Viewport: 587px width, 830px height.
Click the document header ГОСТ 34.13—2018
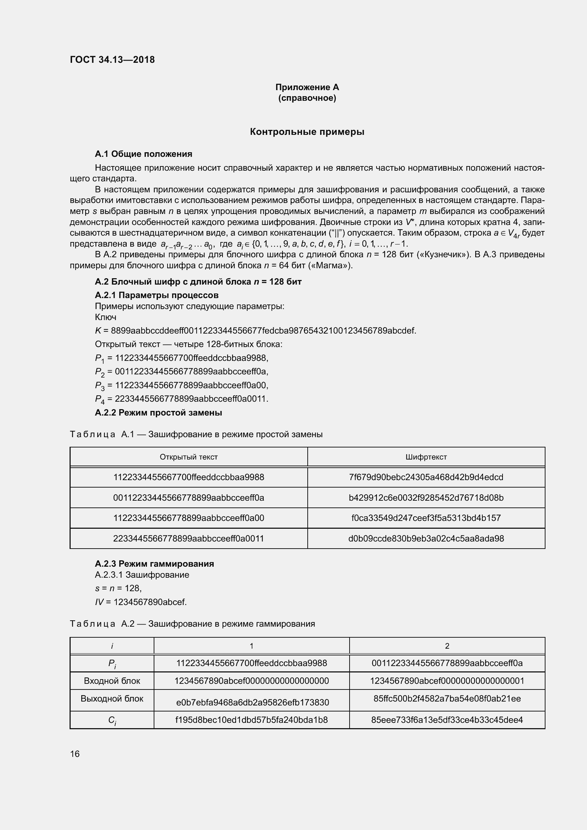click(112, 60)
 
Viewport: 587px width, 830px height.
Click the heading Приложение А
click(307, 87)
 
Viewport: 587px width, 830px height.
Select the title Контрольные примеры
click(307, 132)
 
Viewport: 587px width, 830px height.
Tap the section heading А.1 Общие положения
click(143, 154)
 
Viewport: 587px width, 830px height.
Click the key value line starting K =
click(255, 330)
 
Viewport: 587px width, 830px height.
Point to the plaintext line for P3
click(181, 385)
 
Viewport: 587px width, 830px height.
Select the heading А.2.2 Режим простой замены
click(158, 412)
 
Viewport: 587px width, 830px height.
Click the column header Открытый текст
click(188, 457)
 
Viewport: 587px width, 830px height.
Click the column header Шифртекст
click(426, 457)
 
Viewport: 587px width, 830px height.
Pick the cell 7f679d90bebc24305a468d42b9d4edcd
click(426, 477)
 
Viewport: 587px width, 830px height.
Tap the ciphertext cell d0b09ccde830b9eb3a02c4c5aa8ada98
click(426, 539)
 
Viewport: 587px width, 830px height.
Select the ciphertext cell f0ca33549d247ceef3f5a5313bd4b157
click(426, 518)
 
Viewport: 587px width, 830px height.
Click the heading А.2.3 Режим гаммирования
click(154, 564)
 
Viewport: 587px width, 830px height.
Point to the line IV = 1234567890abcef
click(141, 602)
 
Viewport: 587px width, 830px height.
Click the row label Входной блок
click(112, 681)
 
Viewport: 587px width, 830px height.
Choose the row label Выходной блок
click(112, 699)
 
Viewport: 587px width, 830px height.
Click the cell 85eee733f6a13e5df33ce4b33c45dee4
click(447, 720)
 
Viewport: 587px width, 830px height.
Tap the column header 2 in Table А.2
click(447, 646)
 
